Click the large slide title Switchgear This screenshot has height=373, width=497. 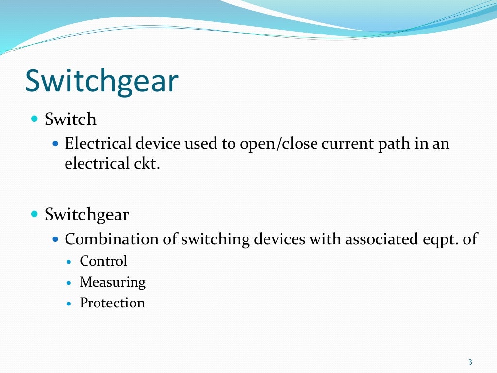click(101, 81)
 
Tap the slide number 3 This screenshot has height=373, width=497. click(470, 362)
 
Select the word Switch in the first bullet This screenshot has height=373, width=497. click(70, 119)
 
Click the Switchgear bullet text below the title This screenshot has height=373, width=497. click(86, 214)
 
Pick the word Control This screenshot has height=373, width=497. click(103, 261)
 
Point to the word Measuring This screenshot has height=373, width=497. click(113, 282)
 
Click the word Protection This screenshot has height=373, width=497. click(112, 303)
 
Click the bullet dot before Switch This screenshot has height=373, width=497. click(34, 119)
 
